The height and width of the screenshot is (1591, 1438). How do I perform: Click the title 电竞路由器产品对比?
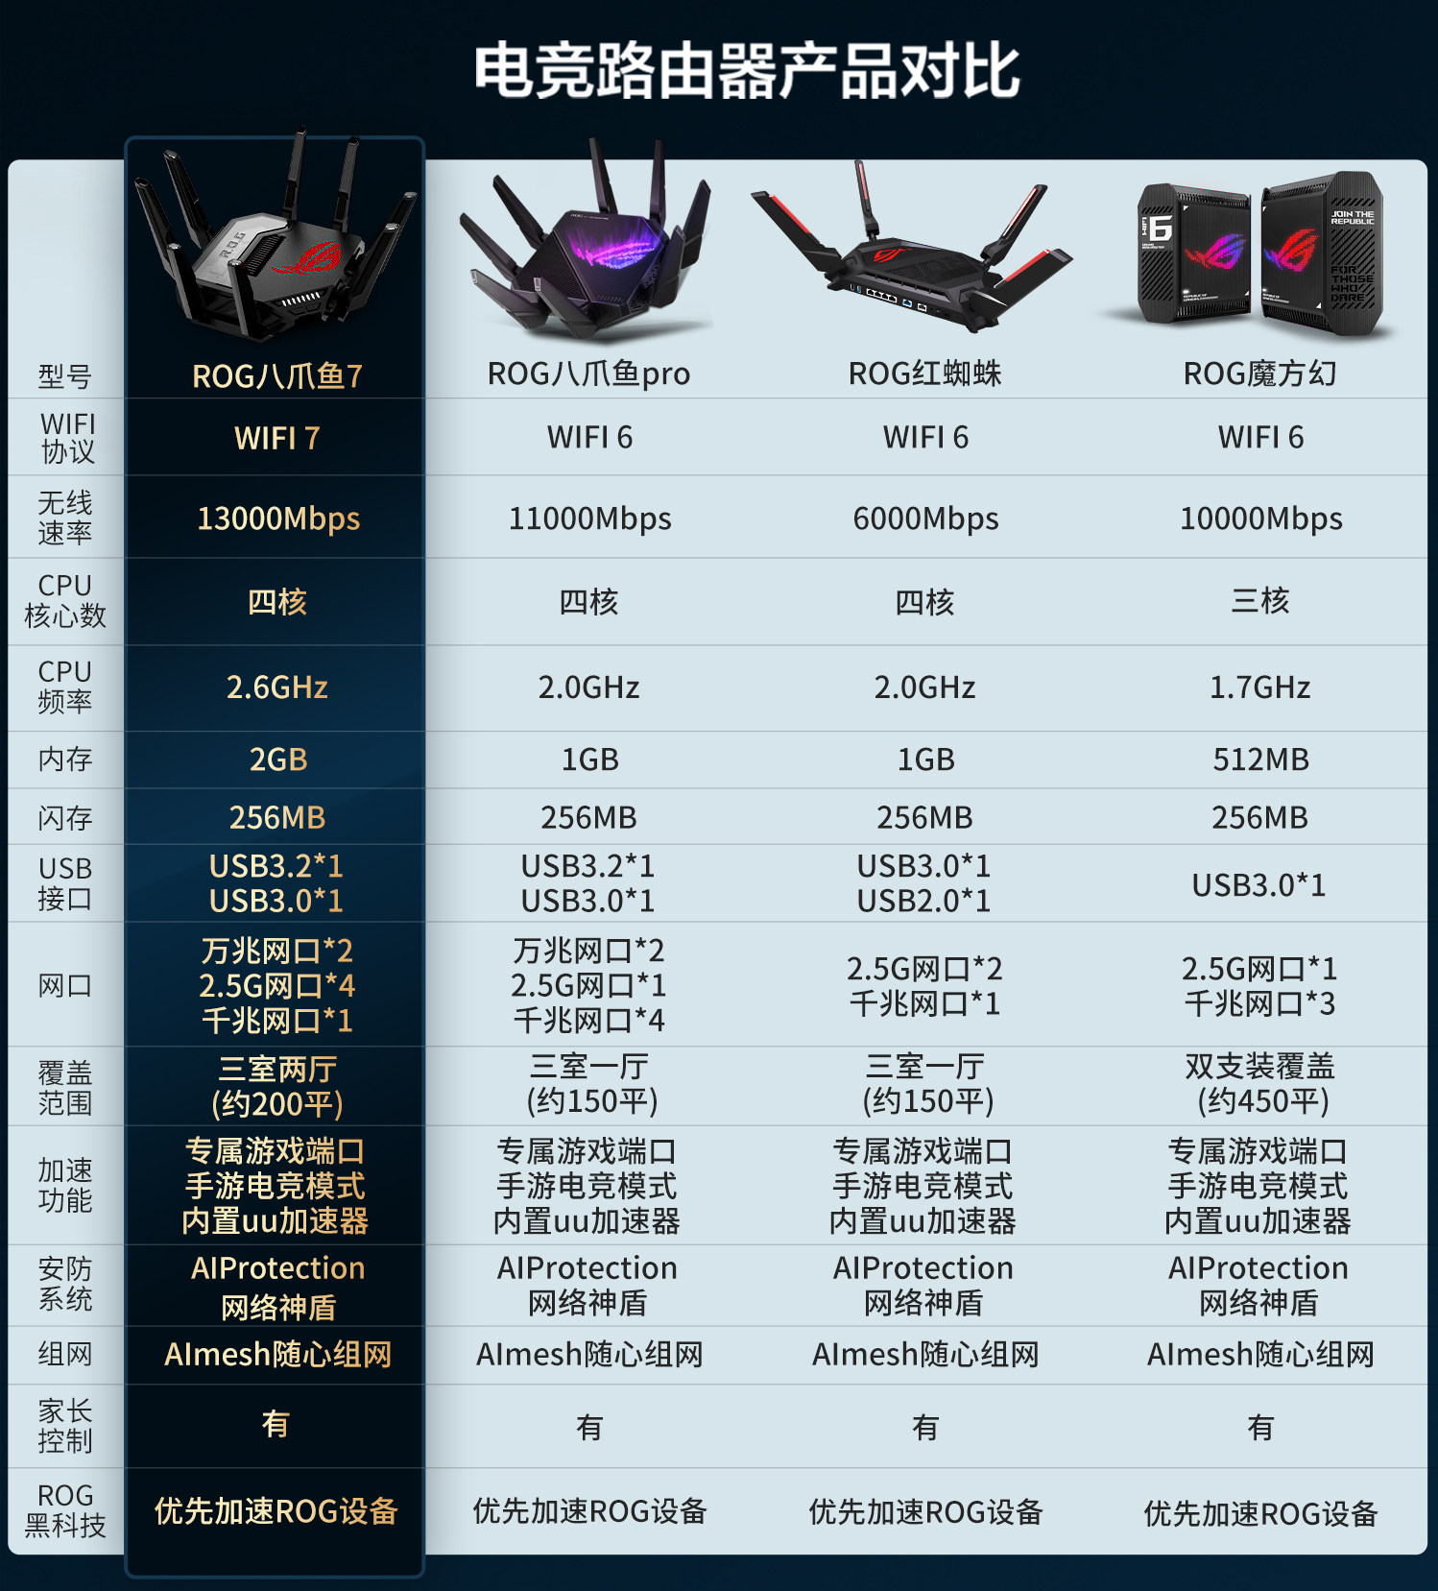(747, 71)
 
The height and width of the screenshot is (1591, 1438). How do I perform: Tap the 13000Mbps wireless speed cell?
(278, 518)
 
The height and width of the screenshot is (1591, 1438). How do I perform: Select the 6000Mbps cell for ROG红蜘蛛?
(925, 518)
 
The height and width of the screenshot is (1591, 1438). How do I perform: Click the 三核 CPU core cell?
(1260, 601)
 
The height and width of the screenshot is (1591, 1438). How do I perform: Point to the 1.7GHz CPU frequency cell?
(1260, 687)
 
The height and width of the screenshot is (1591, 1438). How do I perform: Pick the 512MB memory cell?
(1260, 759)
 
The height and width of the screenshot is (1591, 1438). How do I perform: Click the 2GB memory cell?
(278, 759)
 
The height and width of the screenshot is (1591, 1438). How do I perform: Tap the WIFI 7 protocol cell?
(277, 439)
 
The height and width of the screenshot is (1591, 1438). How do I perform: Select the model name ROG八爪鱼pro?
(588, 374)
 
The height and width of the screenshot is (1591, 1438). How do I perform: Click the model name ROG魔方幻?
(1259, 374)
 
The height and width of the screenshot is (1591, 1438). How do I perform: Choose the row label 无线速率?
(65, 518)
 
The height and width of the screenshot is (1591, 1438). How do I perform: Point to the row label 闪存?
(65, 818)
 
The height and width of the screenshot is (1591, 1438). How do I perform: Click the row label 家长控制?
(65, 1426)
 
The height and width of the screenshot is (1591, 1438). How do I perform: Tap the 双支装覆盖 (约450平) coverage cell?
(1260, 1084)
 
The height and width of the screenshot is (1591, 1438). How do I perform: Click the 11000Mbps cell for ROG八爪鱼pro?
(589, 518)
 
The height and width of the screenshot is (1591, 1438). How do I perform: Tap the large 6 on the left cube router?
(1161, 228)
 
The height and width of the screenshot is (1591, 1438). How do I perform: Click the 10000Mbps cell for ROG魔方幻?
(1260, 518)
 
